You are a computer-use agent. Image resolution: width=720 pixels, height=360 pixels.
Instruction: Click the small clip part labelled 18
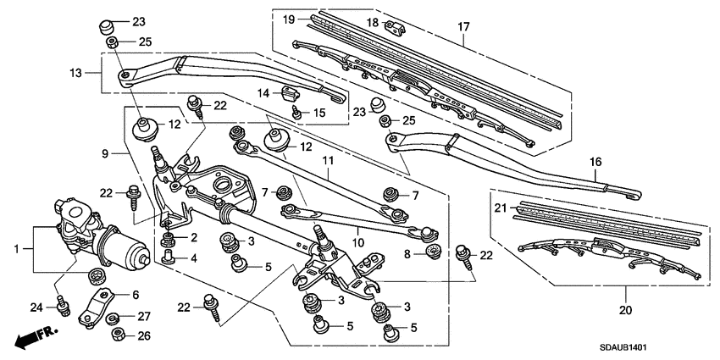pyautogui.click(x=396, y=25)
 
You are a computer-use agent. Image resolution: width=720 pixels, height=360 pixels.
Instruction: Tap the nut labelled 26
pyautogui.click(x=117, y=335)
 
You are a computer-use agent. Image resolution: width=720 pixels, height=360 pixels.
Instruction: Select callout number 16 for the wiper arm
pyautogui.click(x=595, y=162)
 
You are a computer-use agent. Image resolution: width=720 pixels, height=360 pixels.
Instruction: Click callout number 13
pyautogui.click(x=76, y=74)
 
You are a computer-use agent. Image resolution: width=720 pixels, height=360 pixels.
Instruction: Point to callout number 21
pyautogui.click(x=500, y=208)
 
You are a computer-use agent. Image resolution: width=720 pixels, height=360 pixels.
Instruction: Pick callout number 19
pyautogui.click(x=288, y=19)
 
